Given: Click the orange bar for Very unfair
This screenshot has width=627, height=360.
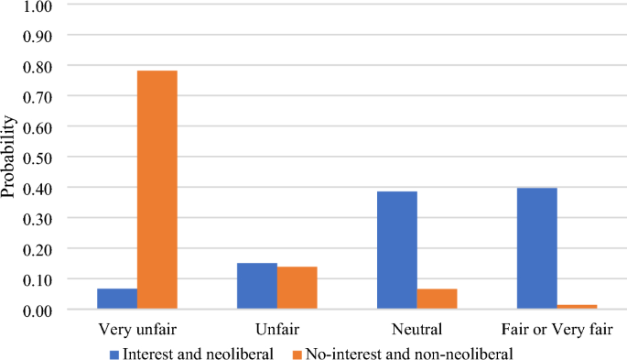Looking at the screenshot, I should pyautogui.click(x=157, y=190).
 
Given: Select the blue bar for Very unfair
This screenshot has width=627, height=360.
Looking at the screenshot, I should pyautogui.click(x=117, y=299).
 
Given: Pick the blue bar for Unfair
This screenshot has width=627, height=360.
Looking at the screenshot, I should pyautogui.click(x=257, y=286).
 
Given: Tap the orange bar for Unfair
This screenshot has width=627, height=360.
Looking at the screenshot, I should pyautogui.click(x=297, y=288).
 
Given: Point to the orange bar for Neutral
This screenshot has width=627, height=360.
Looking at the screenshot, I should pyautogui.click(x=437, y=299).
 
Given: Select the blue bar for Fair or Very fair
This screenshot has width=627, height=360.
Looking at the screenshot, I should pyautogui.click(x=537, y=248).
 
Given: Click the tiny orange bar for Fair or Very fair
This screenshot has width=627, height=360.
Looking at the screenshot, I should pyautogui.click(x=577, y=307).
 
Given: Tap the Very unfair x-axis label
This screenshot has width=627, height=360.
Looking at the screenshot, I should pyautogui.click(x=137, y=328).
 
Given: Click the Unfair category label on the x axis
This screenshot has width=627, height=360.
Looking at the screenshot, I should pyautogui.click(x=277, y=328).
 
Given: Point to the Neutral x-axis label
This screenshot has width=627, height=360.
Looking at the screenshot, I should pyautogui.click(x=417, y=328).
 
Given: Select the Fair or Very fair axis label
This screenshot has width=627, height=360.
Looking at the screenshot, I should pyautogui.click(x=557, y=328).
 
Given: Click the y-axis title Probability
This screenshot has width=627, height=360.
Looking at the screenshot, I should pyautogui.click(x=8, y=157).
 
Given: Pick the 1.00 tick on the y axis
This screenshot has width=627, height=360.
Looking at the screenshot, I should pyautogui.click(x=34, y=5).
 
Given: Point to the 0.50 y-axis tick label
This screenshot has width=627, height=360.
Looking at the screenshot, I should pyautogui.click(x=34, y=158).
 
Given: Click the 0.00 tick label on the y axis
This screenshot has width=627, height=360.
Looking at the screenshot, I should pyautogui.click(x=34, y=310).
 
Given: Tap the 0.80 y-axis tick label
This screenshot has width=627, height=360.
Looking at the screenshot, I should pyautogui.click(x=34, y=66).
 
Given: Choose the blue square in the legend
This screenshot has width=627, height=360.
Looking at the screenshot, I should pyautogui.click(x=114, y=350).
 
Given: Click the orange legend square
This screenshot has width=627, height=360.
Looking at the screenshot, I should pyautogui.click(x=298, y=350).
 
